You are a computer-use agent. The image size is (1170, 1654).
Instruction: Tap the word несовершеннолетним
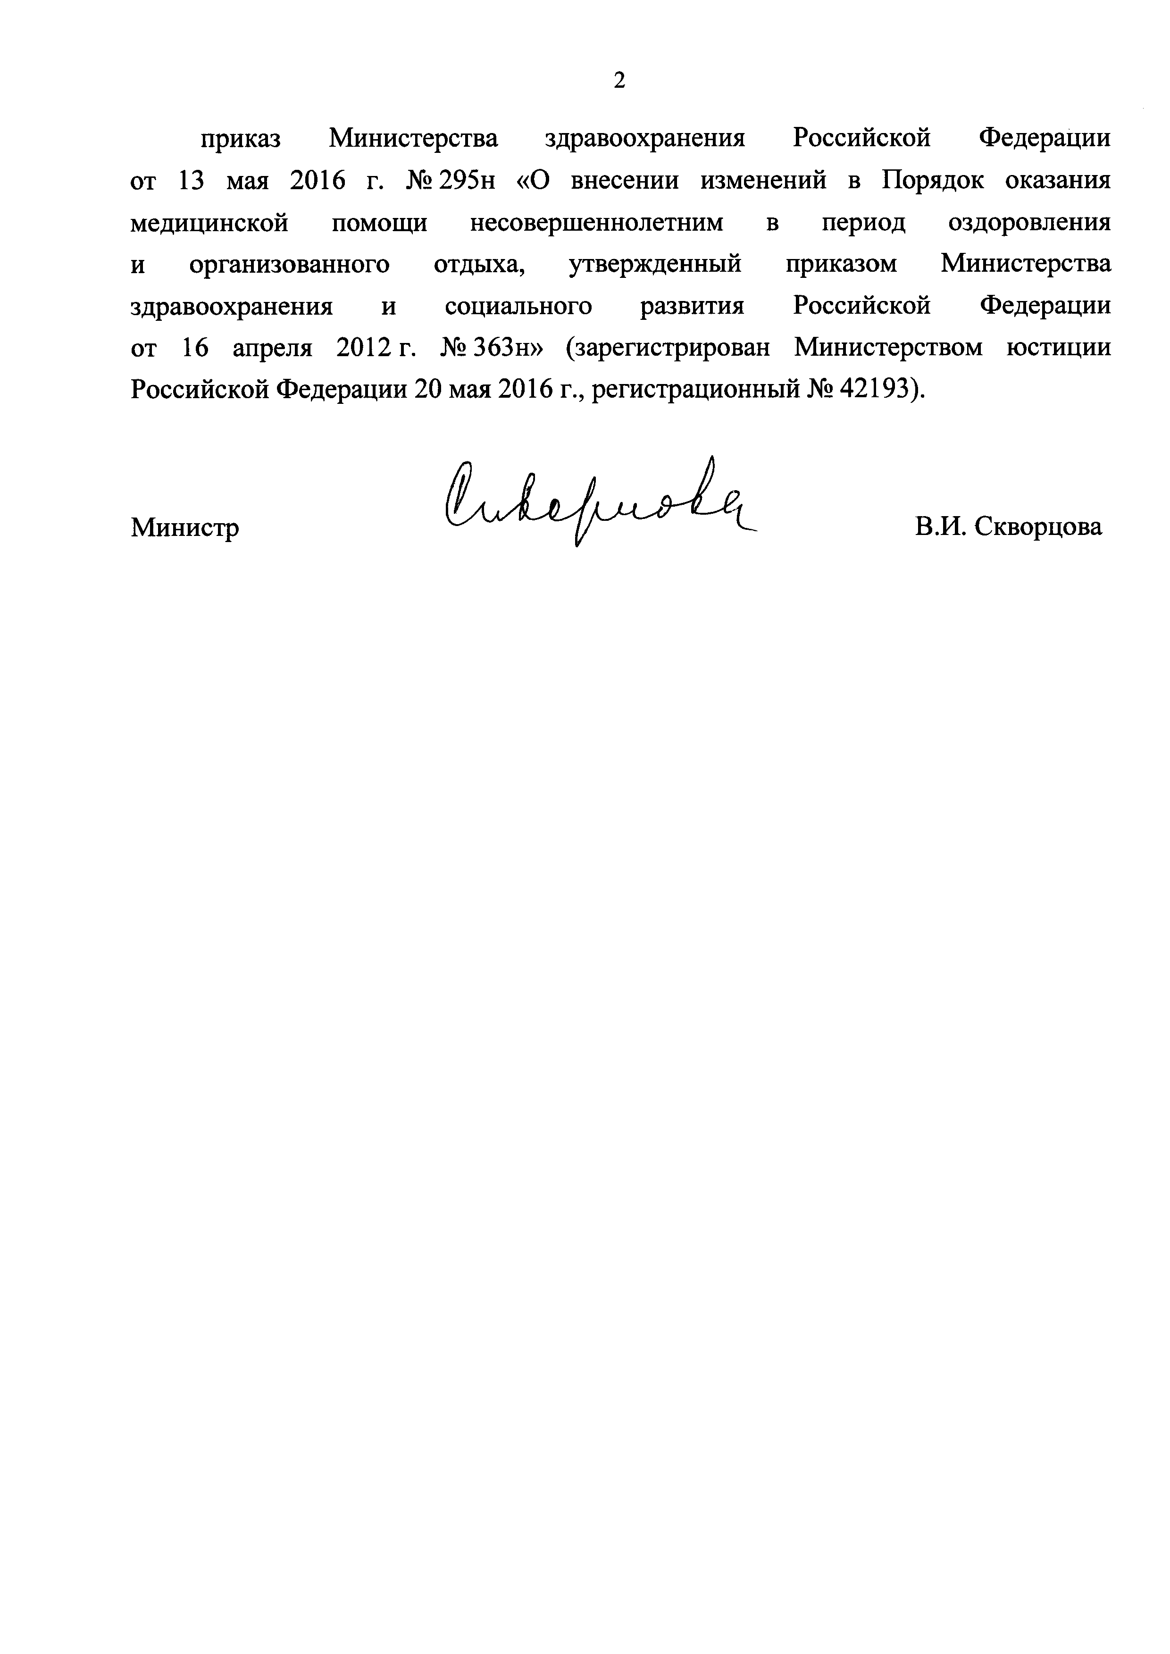[596, 223]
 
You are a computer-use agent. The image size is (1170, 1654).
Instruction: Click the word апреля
[272, 348]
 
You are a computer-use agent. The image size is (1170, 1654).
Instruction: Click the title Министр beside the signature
[184, 528]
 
